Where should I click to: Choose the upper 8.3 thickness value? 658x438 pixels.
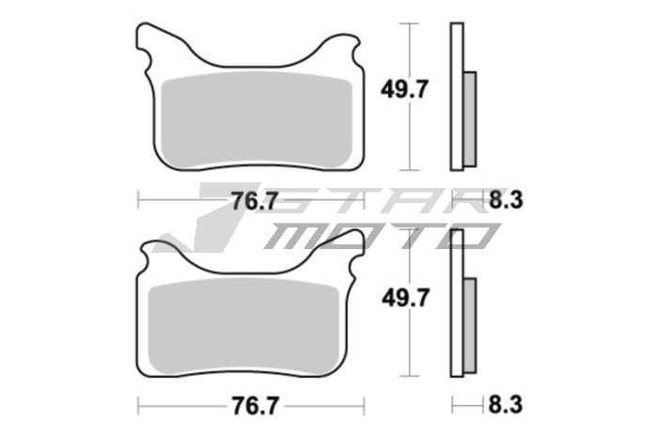point(504,199)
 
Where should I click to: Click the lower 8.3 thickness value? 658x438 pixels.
point(504,407)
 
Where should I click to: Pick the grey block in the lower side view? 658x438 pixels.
point(472,322)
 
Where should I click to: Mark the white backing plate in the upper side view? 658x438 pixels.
point(458,94)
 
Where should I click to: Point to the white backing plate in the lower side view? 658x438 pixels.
point(458,301)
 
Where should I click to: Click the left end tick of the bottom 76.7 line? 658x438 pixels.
point(139,407)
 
